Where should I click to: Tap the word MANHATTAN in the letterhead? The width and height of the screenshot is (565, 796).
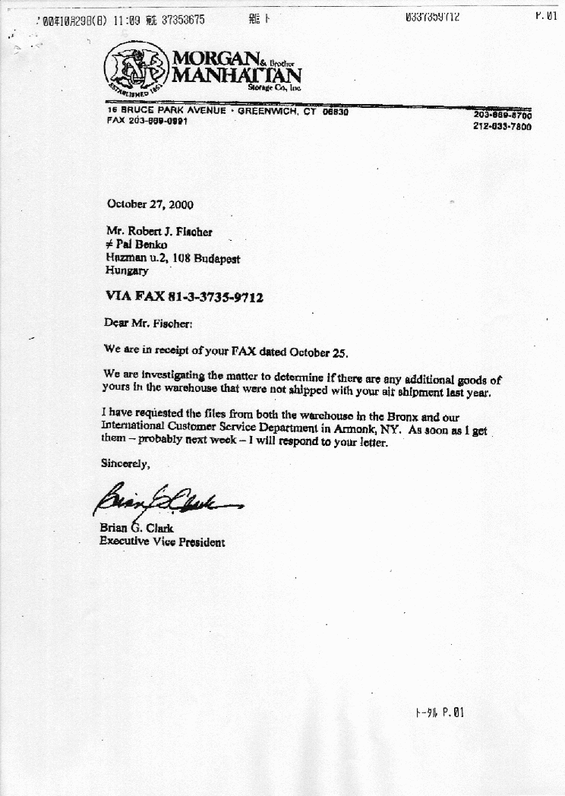(x=237, y=75)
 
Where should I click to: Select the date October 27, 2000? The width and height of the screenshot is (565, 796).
(x=150, y=204)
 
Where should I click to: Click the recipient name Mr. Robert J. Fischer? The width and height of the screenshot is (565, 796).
(x=159, y=232)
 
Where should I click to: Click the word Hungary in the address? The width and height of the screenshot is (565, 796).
(x=127, y=270)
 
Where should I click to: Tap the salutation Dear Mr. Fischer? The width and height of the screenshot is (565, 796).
(x=148, y=323)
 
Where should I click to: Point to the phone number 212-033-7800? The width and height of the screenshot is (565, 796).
(x=502, y=127)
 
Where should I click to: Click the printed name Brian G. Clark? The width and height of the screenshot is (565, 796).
(x=137, y=529)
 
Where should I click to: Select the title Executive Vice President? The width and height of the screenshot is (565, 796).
(x=162, y=542)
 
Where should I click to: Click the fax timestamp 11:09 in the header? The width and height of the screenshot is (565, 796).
(x=125, y=20)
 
